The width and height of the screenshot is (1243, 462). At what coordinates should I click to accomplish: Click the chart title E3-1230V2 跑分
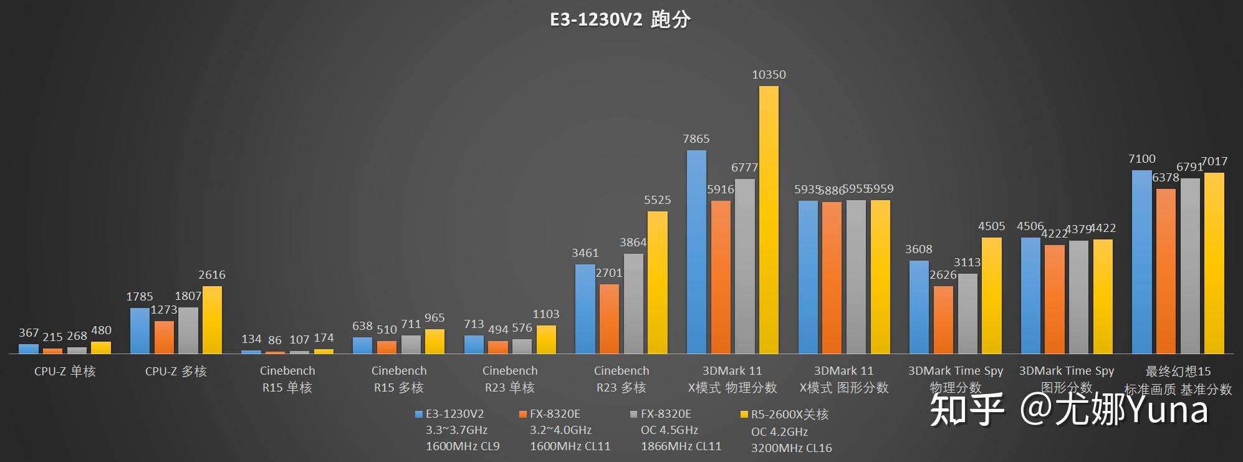pos(620,19)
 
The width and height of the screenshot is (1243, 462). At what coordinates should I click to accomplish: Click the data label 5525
pos(657,200)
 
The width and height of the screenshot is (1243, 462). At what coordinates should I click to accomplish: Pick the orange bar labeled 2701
pos(609,319)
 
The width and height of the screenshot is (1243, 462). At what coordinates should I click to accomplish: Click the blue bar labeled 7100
pos(1141,262)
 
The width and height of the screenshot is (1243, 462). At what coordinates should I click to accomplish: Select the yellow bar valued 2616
pos(212,320)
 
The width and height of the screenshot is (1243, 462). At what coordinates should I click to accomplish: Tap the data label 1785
pos(139,297)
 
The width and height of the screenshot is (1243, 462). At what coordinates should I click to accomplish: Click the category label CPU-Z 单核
pos(65,372)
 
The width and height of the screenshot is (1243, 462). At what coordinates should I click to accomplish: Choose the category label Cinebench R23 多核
pos(621,379)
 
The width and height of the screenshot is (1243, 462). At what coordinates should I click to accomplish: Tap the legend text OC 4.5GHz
pos(669,430)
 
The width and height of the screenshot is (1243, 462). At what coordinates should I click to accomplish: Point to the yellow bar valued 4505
pos(991,296)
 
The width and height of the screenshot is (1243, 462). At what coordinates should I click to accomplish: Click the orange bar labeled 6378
pos(1166,271)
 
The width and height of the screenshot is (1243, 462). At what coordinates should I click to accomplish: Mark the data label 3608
pos(919,249)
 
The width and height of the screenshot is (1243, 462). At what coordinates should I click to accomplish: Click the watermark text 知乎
pos(967,410)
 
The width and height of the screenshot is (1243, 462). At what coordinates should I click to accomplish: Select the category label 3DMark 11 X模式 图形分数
pos(843,379)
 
